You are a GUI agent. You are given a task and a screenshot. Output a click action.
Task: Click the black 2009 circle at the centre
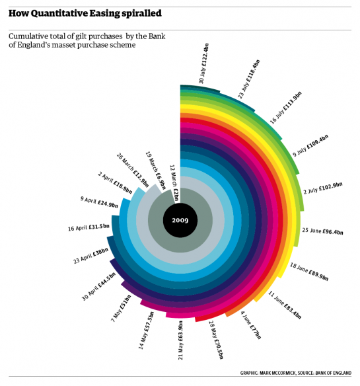click(180, 220)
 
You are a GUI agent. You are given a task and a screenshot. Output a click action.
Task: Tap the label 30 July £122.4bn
click(203, 63)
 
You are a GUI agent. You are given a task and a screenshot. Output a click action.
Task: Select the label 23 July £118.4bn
click(249, 79)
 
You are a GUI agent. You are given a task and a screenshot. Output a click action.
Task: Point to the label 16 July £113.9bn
click(286, 108)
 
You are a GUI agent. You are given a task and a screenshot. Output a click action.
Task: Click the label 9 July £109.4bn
click(310, 145)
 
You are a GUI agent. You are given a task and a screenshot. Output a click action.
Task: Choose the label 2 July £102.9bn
click(322, 188)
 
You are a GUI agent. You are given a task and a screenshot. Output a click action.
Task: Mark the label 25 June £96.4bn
click(322, 231)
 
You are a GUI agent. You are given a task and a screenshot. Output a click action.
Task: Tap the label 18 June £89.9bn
click(309, 272)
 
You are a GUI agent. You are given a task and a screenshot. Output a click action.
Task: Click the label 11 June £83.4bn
click(285, 305)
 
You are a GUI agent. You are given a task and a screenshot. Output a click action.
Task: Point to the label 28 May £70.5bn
click(216, 340)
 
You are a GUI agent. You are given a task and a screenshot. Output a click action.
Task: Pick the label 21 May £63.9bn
click(180, 340)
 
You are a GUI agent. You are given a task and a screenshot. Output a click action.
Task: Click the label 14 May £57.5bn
click(146, 330)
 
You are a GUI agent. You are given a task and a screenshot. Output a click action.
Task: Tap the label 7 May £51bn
click(121, 309)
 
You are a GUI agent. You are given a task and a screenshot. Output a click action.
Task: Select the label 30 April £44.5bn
click(98, 287)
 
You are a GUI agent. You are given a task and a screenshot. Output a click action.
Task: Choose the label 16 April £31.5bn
click(89, 227)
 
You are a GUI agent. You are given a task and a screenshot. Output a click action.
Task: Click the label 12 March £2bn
click(174, 183)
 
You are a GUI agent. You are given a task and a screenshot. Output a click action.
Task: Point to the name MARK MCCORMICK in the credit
click(277, 373)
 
